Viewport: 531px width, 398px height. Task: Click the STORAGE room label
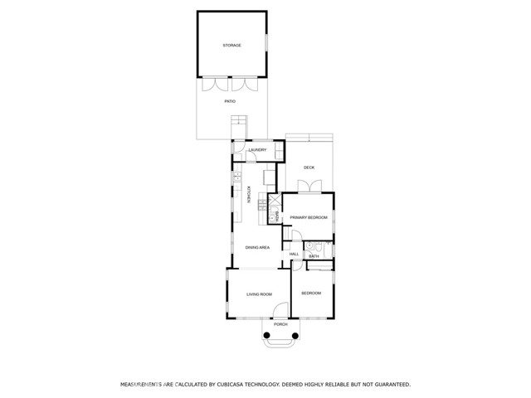tap(232, 46)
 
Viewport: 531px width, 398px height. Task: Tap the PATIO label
tap(230, 101)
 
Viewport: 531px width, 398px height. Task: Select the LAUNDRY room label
tap(257, 150)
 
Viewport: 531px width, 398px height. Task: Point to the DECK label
tap(309, 167)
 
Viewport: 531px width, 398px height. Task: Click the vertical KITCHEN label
tap(248, 195)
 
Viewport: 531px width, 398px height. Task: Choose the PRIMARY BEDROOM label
tap(309, 217)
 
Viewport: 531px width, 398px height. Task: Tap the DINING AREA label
tap(257, 248)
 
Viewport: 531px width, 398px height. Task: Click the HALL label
tap(294, 255)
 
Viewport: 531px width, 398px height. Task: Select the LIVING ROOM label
tap(259, 294)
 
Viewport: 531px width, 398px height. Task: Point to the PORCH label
tap(280, 324)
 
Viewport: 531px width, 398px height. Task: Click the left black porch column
tap(266, 335)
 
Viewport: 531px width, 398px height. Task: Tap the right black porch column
tap(295, 336)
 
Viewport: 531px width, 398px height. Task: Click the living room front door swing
tap(280, 310)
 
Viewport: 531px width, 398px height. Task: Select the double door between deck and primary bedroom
tap(309, 187)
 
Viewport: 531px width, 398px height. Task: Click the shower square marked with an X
tap(275, 200)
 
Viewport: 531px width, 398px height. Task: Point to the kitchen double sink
tap(238, 176)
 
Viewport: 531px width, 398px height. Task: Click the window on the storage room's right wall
tap(266, 42)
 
